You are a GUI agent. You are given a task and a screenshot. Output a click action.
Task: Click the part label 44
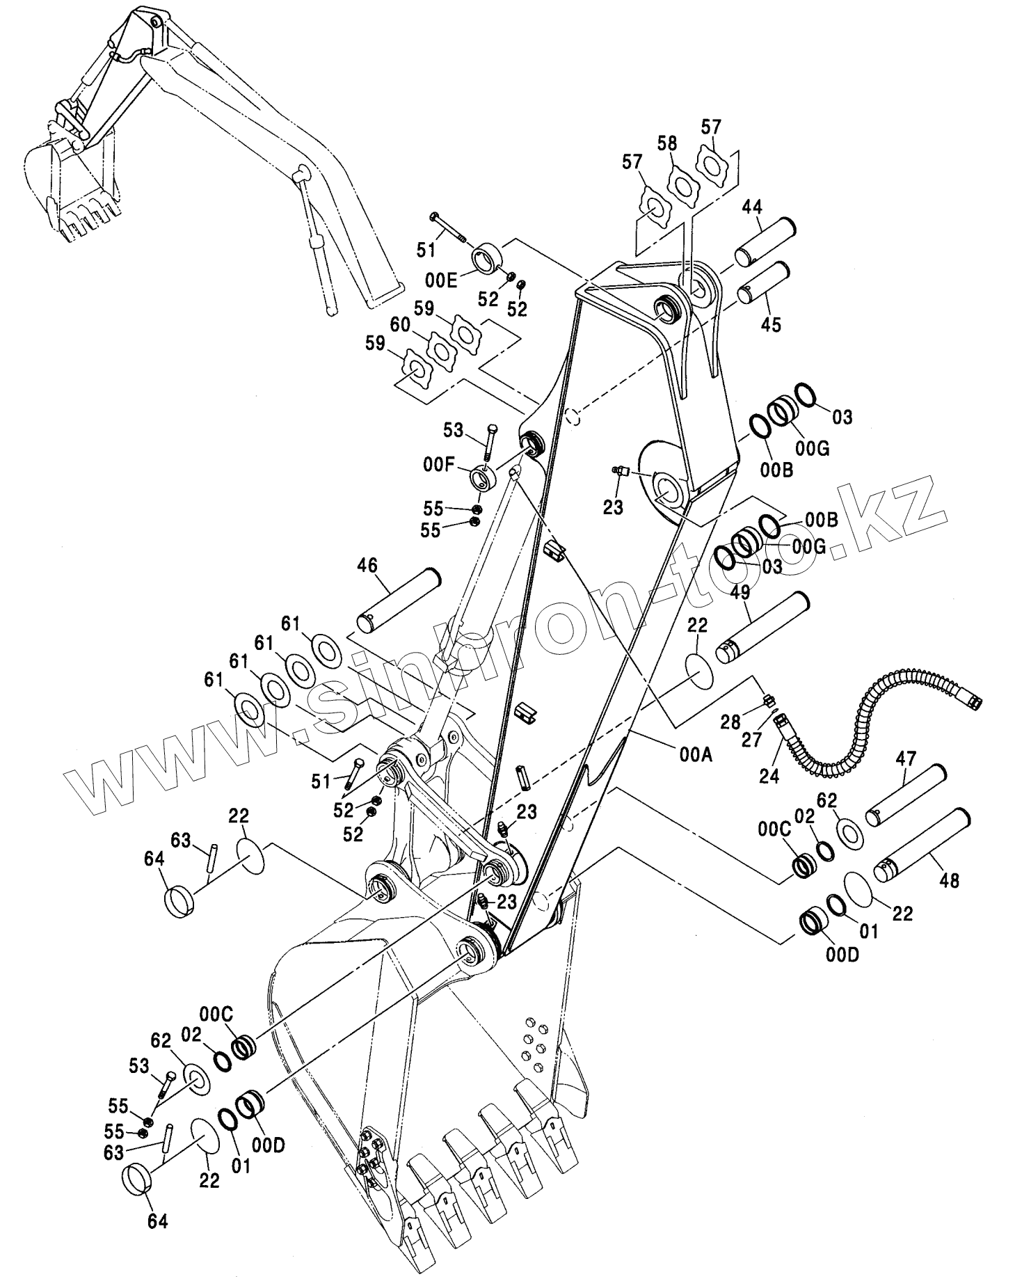coord(751,207)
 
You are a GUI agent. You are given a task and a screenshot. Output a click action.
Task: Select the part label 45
coord(771,324)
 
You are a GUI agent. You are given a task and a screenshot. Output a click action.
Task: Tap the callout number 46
coord(368,565)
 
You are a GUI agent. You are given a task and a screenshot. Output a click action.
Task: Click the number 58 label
coord(666,144)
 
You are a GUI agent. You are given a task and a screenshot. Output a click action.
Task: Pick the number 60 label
coord(399,325)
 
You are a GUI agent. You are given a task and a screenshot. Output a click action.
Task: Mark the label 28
coord(730,722)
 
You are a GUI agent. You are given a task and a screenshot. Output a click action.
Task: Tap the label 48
coord(949,880)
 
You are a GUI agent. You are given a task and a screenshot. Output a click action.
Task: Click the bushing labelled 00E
coord(487,259)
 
